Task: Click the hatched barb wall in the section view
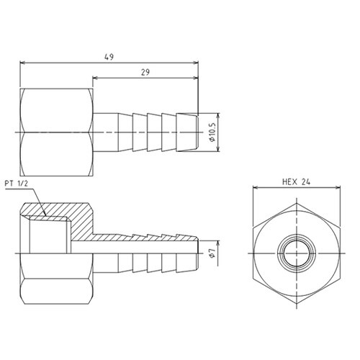pos(144,237)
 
